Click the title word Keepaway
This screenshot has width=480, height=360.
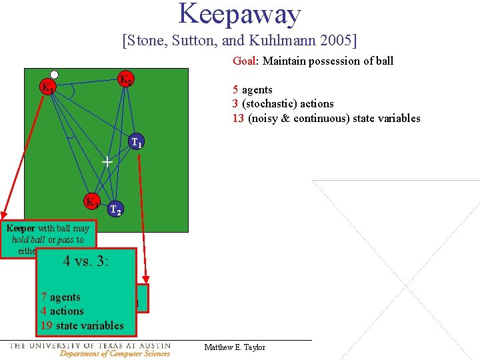239,15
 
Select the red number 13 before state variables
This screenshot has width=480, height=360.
239,118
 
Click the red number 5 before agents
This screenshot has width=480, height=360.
235,89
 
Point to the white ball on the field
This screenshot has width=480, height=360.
54,75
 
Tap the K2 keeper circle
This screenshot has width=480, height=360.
125,79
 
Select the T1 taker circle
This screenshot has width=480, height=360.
137,141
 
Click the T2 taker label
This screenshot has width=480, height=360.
115,210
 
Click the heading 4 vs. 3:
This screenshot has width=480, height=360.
86,261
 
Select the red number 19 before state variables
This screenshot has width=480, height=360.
46,325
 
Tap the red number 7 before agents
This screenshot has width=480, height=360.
43,297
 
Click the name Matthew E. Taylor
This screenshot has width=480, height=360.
234,347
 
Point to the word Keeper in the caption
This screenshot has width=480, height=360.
19,229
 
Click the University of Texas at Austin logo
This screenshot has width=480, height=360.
89,349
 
